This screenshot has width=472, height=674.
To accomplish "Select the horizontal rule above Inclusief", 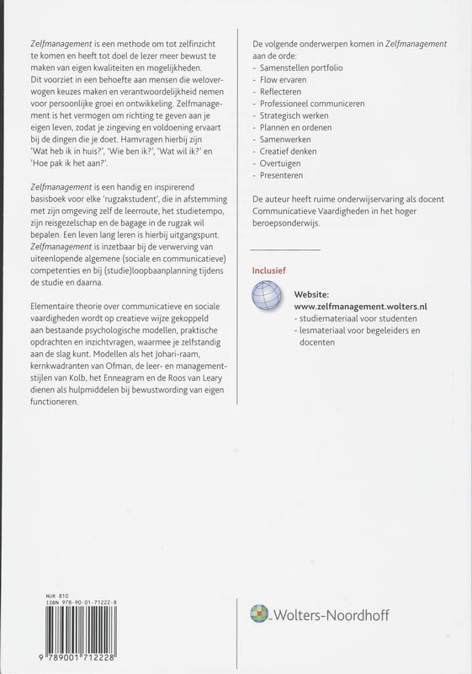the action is [286, 249].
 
